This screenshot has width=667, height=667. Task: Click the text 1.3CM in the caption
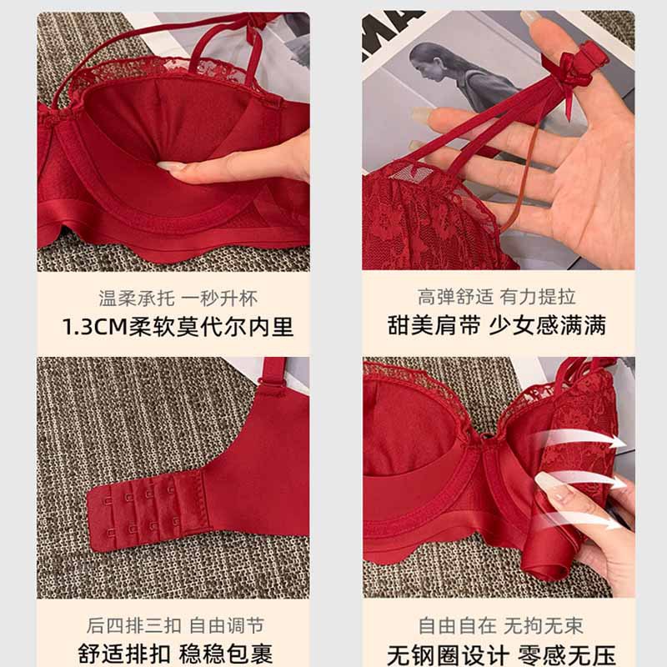95,327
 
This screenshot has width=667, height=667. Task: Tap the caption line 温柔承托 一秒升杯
178,298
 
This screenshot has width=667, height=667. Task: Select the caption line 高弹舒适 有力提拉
496,297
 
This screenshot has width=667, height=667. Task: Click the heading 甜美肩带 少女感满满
496,325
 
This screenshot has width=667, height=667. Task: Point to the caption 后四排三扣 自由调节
175,625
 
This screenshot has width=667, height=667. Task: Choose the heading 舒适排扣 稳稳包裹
175,654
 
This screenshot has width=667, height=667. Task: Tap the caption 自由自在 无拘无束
501,625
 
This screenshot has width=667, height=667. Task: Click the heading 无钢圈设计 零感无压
501,654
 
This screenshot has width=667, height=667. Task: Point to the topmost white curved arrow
579,439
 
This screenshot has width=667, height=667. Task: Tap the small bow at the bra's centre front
485,439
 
